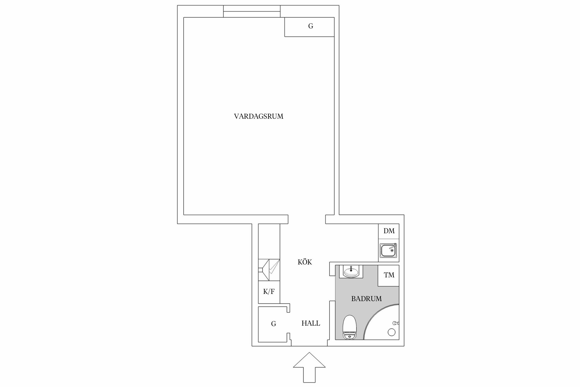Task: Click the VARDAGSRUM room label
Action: pos(259,116)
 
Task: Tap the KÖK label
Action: pos(305,262)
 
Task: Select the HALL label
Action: pos(311,323)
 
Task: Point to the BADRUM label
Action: pos(366,299)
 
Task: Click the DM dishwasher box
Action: pos(389,231)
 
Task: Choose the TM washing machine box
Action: pos(389,275)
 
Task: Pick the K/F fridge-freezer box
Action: pos(269,292)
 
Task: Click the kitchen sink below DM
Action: pos(388,250)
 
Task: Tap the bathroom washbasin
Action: pos(351,272)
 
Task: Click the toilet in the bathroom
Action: pos(349,327)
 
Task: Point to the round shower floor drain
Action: pos(391,332)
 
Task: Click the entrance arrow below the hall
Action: pos(309,370)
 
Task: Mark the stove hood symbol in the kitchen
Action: pos(269,270)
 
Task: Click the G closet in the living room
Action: pos(309,27)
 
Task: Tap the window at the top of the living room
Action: pos(252,11)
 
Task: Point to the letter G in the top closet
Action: pos(311,26)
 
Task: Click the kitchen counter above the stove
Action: pos(269,241)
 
